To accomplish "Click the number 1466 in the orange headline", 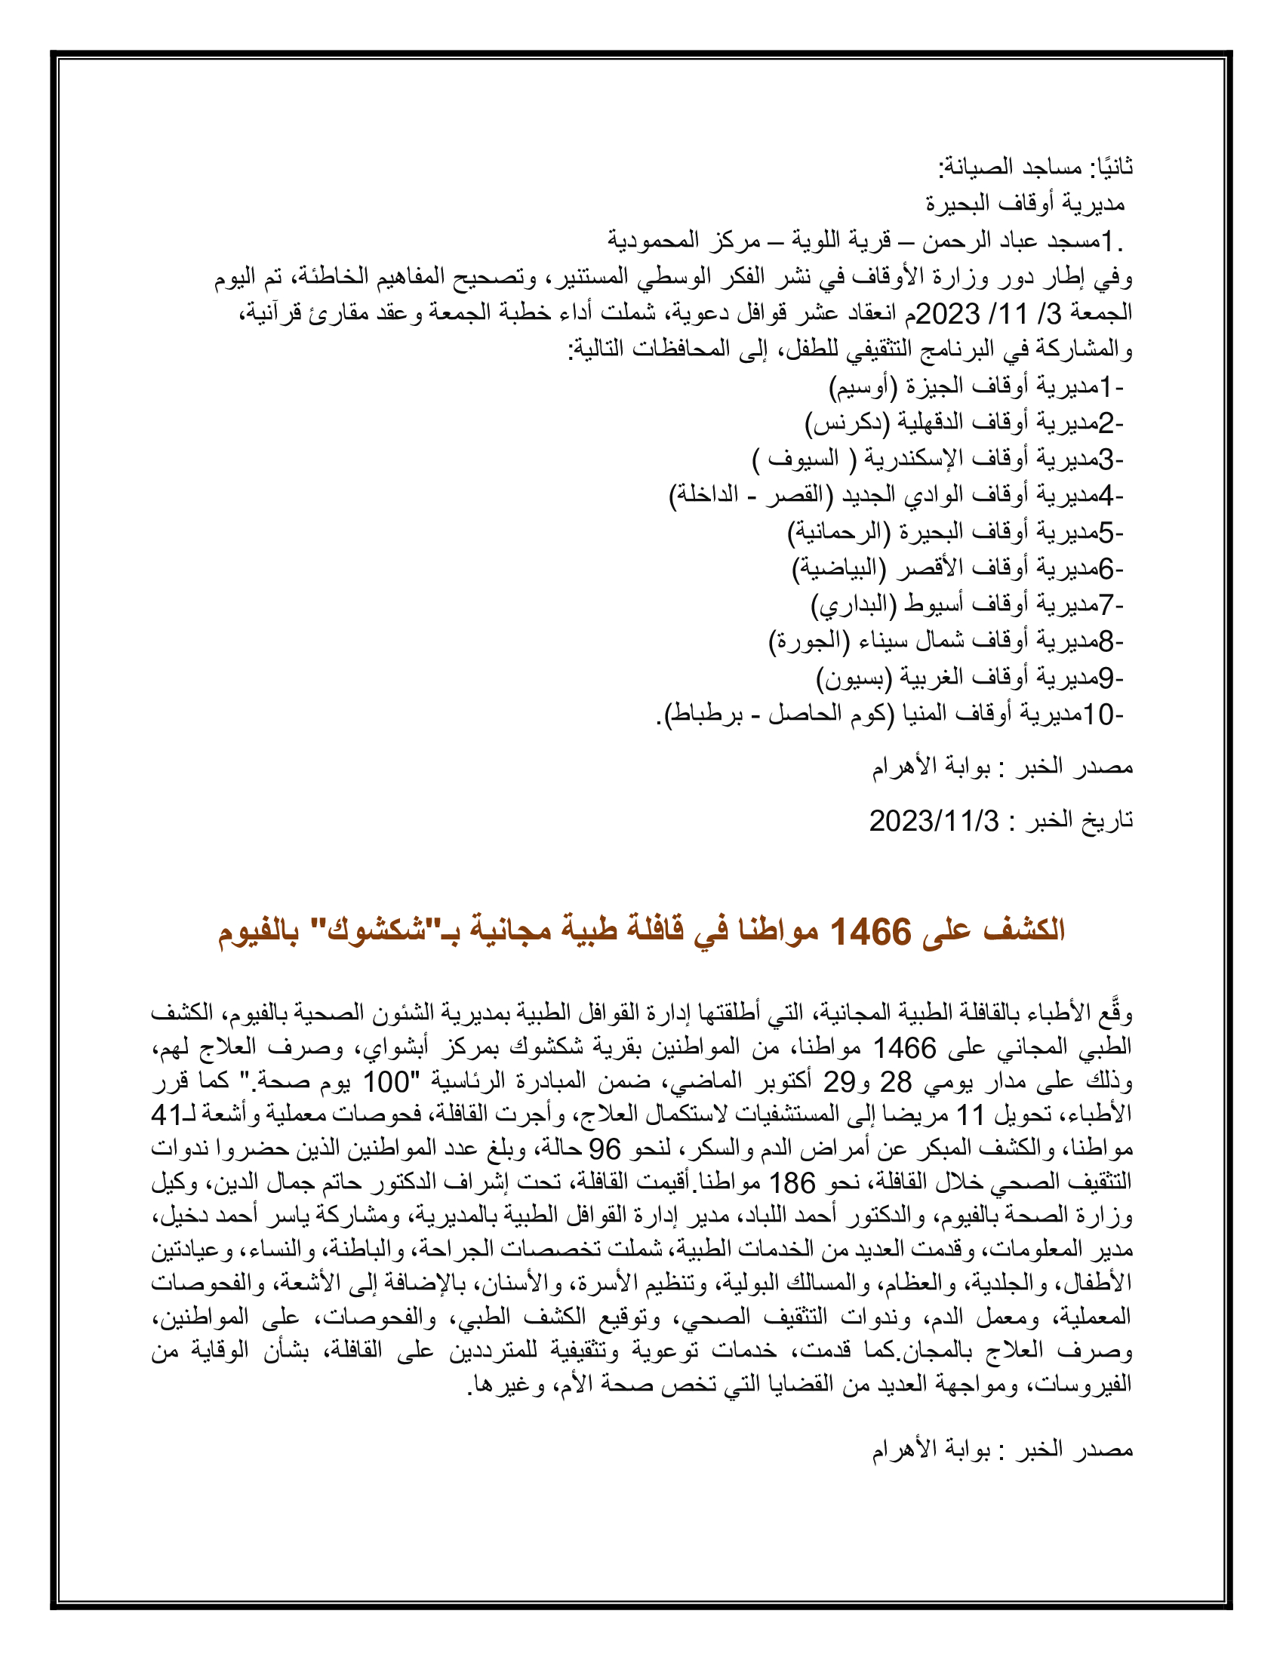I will (x=870, y=931).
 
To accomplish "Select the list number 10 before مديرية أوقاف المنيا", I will (x=1098, y=715).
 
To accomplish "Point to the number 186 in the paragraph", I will (x=791, y=1182).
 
